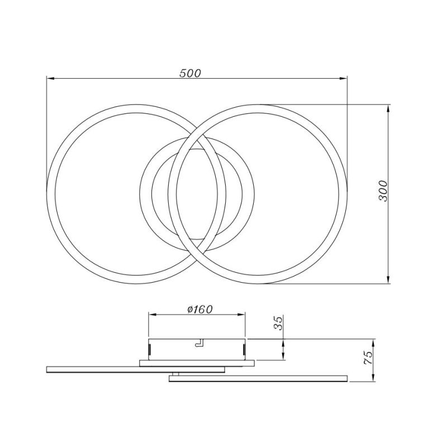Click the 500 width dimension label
(191, 73)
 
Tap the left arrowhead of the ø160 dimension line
(151, 315)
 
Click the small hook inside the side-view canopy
(198, 344)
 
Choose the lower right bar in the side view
(258, 378)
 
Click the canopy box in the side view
(197, 350)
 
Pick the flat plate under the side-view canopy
(197, 363)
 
